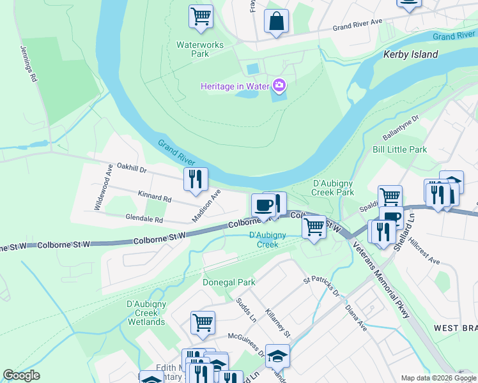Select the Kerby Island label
410,54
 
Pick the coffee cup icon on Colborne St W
263,206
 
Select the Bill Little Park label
399,149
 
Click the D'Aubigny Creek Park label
333,188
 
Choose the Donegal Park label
229,282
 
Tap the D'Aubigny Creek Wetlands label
146,312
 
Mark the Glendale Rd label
144,218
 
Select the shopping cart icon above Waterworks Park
201,17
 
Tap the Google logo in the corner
21,376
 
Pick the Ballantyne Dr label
400,127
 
